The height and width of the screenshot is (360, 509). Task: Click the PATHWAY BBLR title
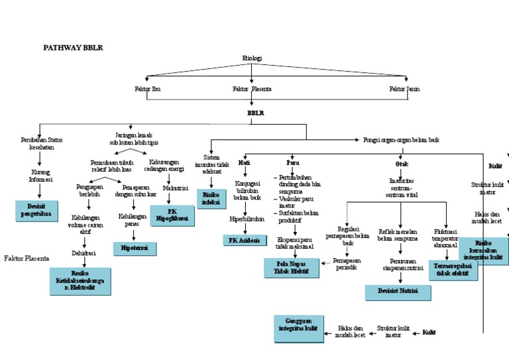[x=73, y=48]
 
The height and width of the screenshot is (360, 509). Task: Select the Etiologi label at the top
[x=252, y=58]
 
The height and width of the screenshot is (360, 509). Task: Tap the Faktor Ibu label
[x=147, y=88]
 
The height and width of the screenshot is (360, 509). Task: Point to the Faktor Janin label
[x=404, y=88]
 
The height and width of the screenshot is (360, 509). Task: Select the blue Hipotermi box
[x=135, y=248]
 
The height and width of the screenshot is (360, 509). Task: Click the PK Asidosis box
[x=245, y=239]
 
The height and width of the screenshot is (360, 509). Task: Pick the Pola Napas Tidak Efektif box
[x=291, y=268]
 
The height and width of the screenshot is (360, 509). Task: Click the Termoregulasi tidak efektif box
[x=452, y=270]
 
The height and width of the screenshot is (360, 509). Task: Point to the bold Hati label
[x=245, y=162]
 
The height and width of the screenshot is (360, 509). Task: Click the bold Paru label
[x=292, y=162]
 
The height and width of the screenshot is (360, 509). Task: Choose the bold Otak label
[x=402, y=162]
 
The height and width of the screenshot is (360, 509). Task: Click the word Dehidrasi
[x=84, y=253]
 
